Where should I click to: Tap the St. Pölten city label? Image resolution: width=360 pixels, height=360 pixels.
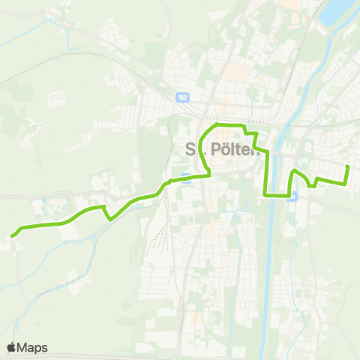222,148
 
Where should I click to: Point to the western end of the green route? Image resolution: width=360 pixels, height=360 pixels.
12,236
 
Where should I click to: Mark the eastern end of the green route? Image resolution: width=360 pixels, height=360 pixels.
348,166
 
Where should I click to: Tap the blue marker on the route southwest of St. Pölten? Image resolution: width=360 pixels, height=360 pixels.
185,178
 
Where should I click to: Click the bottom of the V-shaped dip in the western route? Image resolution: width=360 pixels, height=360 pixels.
110,220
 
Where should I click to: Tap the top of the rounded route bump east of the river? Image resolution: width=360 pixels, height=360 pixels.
295,172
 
